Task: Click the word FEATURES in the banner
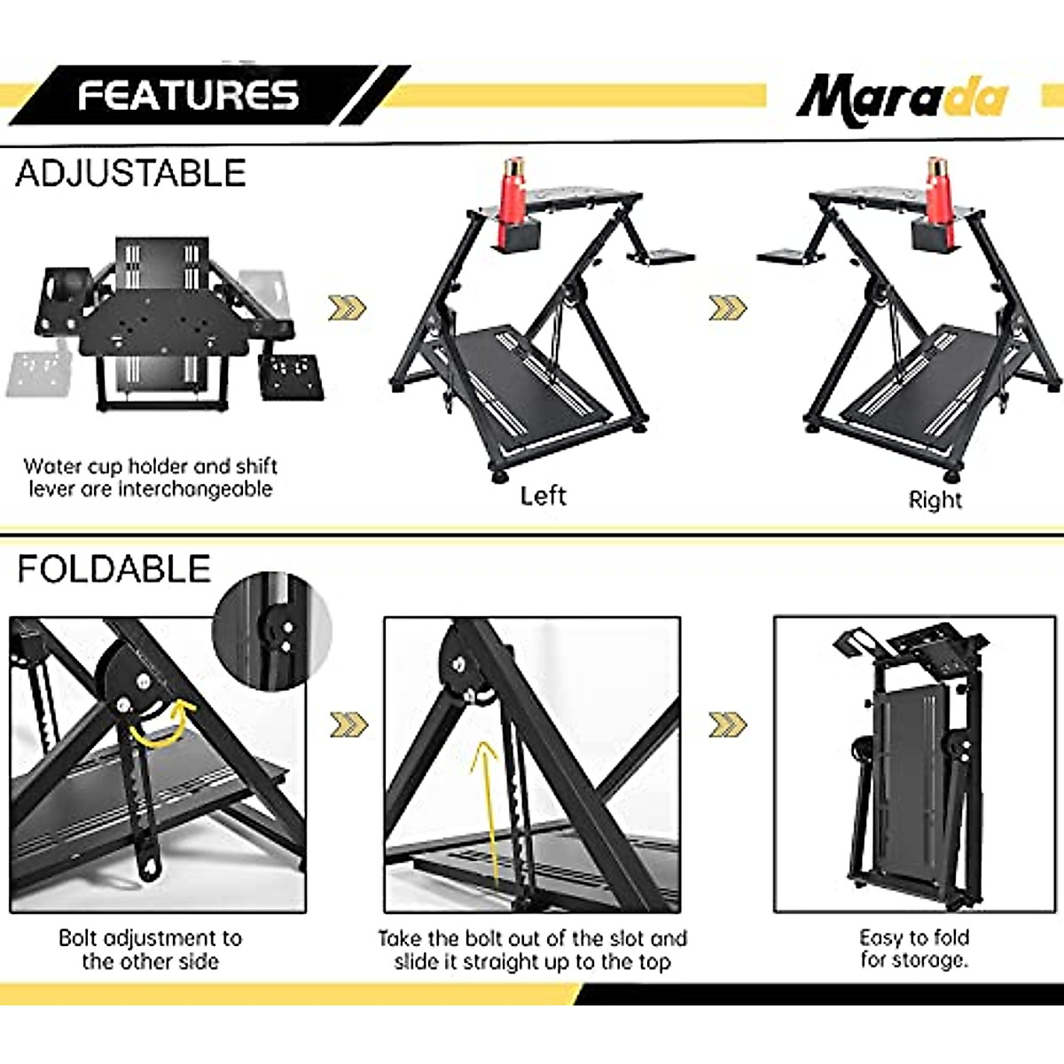(x=188, y=96)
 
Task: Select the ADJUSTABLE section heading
(x=130, y=173)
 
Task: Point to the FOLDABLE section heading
(x=113, y=569)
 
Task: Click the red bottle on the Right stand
(x=936, y=197)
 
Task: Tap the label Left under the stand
(x=543, y=496)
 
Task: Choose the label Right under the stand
(x=935, y=500)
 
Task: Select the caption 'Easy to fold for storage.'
(x=914, y=949)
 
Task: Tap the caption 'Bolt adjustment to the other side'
(x=150, y=950)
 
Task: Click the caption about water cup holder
(x=150, y=478)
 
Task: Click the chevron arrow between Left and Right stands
(x=728, y=308)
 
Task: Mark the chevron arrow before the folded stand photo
(x=728, y=724)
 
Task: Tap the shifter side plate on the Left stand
(x=661, y=257)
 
